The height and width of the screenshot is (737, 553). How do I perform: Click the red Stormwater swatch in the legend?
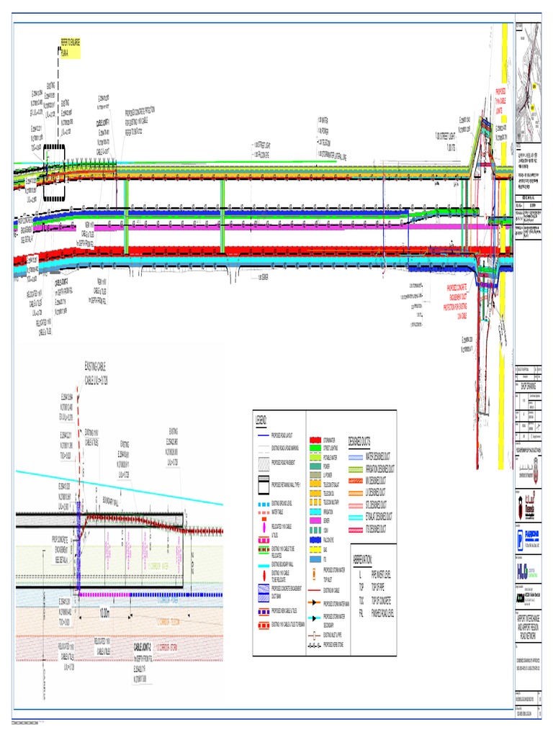[x=314, y=438]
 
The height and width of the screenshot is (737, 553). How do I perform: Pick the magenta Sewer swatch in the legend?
[x=314, y=520]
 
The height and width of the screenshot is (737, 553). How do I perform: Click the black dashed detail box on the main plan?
[x=54, y=175]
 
